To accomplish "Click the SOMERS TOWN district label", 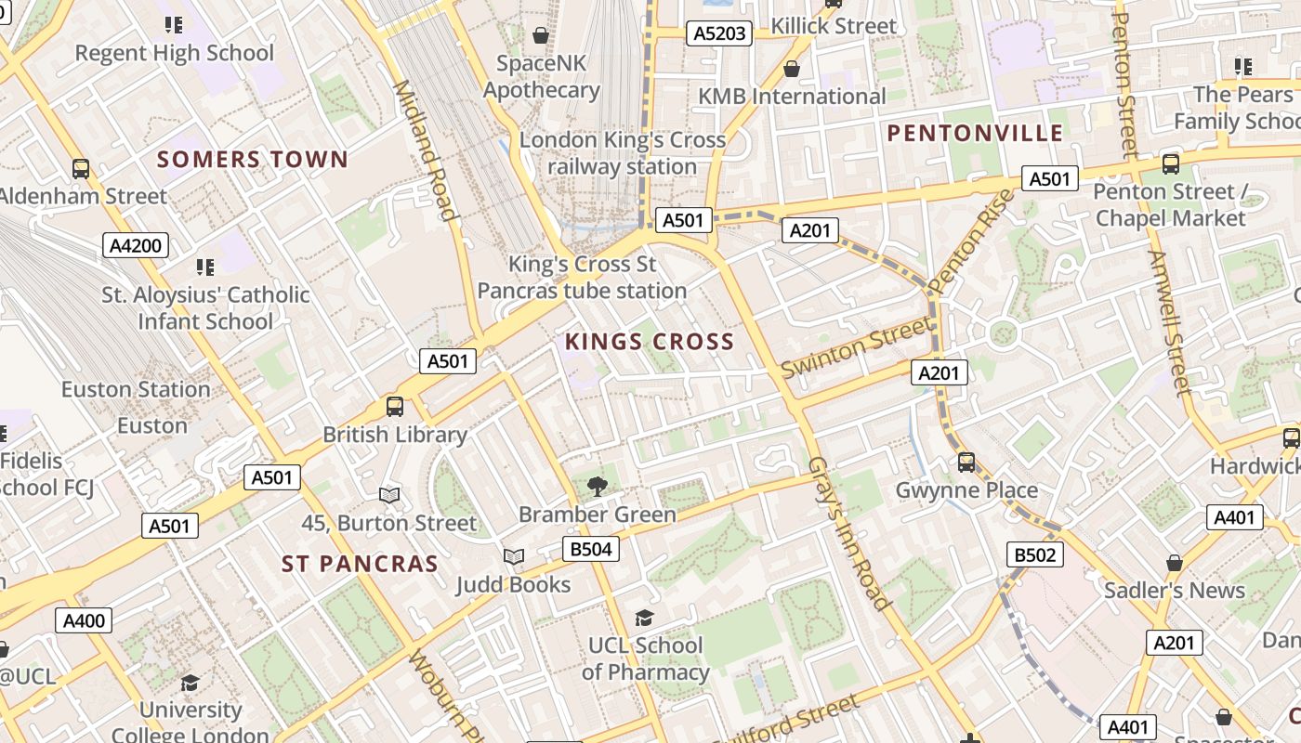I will point(253,159).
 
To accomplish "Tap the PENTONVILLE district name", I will point(975,133).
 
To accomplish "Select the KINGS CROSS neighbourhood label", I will point(650,342).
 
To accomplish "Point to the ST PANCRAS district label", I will point(360,564).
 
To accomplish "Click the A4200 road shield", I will point(136,246).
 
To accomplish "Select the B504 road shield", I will point(590,549).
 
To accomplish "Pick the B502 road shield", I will point(1035,554).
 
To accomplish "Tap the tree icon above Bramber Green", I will point(598,486).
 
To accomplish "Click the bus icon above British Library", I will point(395,406).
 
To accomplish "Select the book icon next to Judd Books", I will point(514,556).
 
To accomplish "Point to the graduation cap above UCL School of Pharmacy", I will point(644,618).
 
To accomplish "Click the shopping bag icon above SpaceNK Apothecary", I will point(541,35).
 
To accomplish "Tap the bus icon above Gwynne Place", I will point(966,462).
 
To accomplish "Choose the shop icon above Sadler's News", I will point(1175,562).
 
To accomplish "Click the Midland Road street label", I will point(426,150).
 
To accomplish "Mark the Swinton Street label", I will point(856,347).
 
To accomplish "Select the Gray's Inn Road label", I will point(849,533).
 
